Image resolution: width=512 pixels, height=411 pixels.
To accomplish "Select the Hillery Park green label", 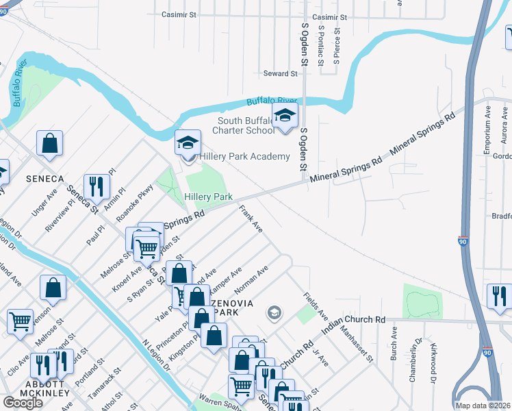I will click(209, 197).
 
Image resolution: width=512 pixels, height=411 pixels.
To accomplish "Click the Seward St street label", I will click(281, 73).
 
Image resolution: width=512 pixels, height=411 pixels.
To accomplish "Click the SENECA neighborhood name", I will click(44, 179).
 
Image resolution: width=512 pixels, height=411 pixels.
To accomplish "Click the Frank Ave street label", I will click(251, 217).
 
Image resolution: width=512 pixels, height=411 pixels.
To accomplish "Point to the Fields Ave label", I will click(316, 306).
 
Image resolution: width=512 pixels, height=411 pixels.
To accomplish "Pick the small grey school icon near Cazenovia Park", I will click(274, 313).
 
